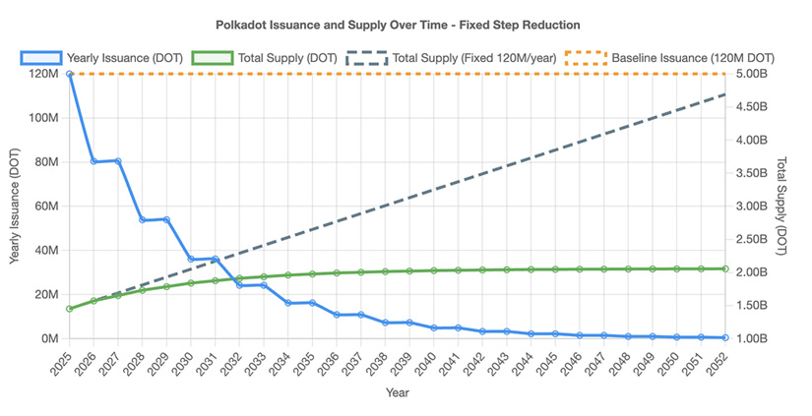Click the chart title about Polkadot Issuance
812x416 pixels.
click(x=398, y=25)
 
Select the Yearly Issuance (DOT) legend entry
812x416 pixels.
click(x=101, y=58)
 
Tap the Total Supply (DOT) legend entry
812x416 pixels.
click(x=264, y=58)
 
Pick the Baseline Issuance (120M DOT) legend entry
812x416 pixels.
click(x=669, y=58)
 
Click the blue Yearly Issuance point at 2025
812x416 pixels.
click(x=70, y=74)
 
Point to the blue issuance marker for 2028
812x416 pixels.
click(x=143, y=220)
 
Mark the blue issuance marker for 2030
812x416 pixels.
click(x=191, y=259)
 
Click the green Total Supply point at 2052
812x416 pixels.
click(x=725, y=268)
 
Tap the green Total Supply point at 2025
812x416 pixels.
click(x=70, y=309)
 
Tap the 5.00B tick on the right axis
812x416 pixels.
click(x=751, y=74)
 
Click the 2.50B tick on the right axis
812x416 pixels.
click(x=751, y=239)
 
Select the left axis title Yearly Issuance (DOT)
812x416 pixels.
click(x=14, y=206)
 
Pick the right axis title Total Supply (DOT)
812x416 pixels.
click(x=781, y=206)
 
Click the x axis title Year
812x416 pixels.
click(x=398, y=392)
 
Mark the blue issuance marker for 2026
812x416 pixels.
click(x=94, y=161)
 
